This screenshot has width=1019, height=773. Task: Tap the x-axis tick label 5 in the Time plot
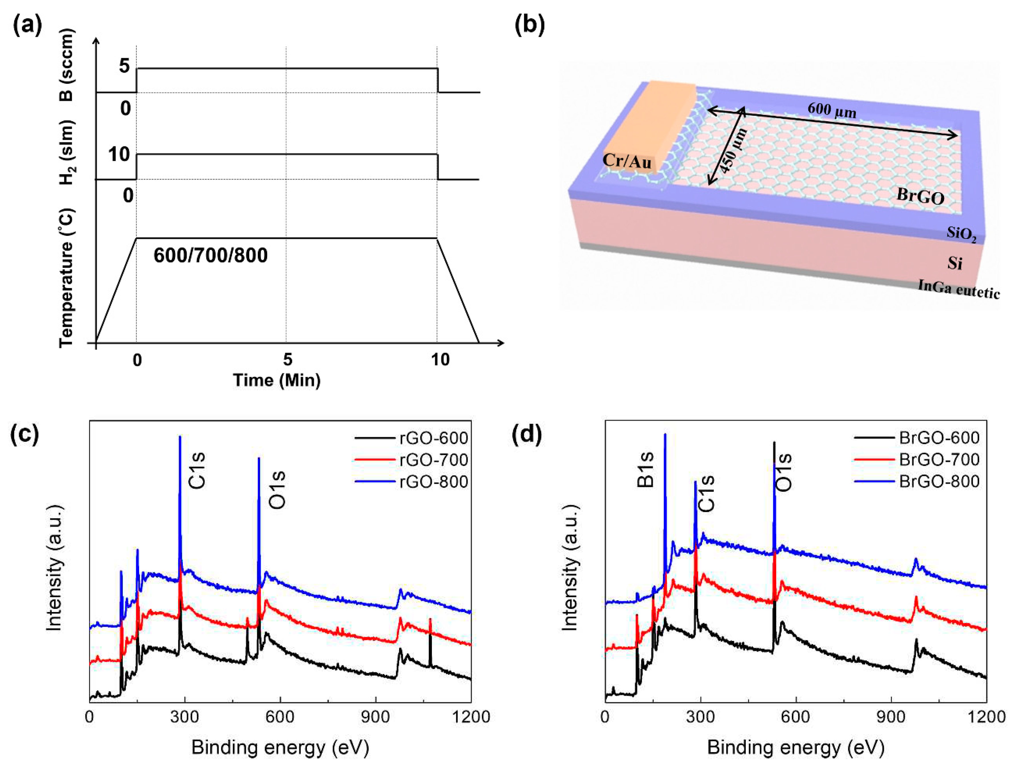coord(287,360)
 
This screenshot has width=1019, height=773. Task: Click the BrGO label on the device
coord(920,197)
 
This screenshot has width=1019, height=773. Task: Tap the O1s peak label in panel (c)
coord(277,489)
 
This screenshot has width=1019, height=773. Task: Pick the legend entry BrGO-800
coord(939,482)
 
